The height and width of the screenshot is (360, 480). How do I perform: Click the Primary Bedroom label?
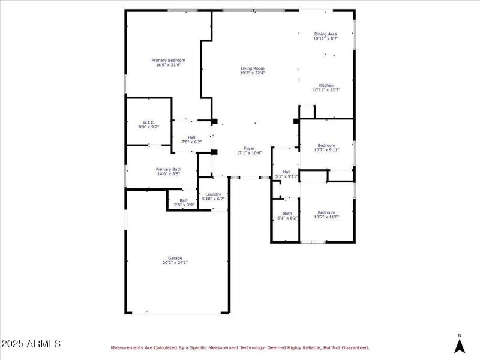pos(168,60)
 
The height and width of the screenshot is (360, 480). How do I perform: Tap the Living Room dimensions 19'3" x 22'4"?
pos(253,74)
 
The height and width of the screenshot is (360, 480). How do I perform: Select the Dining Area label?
pos(326,34)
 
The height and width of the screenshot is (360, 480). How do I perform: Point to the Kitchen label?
pos(326,85)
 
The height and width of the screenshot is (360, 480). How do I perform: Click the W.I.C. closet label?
pos(149,122)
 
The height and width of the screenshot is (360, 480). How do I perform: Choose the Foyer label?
pos(248,148)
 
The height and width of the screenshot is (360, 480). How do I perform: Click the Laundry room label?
pos(213,194)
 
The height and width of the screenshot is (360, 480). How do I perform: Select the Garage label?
pos(175,258)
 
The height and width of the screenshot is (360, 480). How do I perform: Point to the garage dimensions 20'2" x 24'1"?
pos(175,263)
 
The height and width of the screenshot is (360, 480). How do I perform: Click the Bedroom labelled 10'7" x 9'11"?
pos(326,145)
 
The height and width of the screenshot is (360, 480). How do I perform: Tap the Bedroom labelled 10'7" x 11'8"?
pos(326,212)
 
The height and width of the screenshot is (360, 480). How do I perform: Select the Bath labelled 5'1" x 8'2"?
pos(287,214)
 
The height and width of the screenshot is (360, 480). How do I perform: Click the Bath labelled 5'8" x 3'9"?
pos(184,200)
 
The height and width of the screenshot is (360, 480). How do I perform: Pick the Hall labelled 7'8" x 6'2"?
pos(191,137)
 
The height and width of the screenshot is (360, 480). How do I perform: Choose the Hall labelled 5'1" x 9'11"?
pos(286,172)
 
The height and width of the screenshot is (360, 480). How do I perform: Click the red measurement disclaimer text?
pos(239,347)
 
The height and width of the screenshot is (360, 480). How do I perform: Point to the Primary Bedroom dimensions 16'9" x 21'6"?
pos(168,65)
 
